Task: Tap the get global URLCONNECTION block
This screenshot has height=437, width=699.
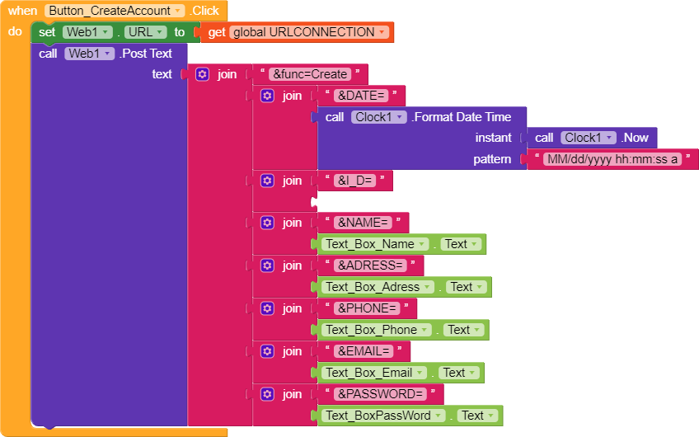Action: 297,32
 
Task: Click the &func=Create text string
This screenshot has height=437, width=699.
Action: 310,74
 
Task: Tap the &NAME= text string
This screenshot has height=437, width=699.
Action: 362,223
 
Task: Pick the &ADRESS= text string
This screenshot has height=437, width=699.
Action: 369,265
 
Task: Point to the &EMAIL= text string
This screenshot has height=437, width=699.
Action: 364,351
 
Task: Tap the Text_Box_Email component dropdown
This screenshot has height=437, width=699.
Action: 375,373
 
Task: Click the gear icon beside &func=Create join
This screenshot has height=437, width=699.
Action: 203,74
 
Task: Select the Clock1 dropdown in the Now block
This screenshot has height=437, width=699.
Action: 588,138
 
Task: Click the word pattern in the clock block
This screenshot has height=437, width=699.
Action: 492,159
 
